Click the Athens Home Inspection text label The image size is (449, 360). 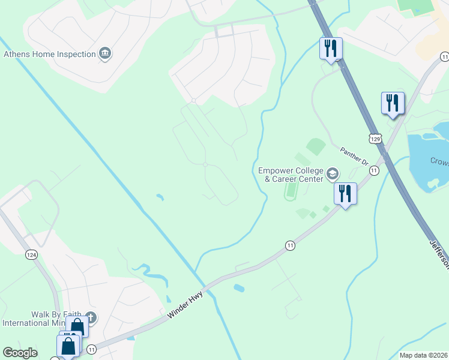(x=50, y=54)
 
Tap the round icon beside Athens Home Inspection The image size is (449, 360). (x=106, y=54)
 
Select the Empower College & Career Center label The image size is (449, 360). (x=291, y=175)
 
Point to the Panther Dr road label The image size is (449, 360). (x=354, y=156)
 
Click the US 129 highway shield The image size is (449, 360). (x=375, y=139)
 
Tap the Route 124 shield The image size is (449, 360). (x=32, y=254)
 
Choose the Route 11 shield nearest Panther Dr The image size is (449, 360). (x=374, y=171)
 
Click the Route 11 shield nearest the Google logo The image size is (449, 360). (x=91, y=349)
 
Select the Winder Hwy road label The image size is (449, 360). (x=187, y=302)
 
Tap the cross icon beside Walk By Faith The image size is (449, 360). (x=91, y=316)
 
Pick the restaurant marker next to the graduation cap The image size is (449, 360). (x=345, y=194)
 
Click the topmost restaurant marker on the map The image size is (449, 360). (x=330, y=49)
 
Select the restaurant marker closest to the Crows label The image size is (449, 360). (x=393, y=103)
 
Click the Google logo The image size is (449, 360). (x=20, y=353)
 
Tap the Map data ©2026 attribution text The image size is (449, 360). (x=423, y=355)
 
